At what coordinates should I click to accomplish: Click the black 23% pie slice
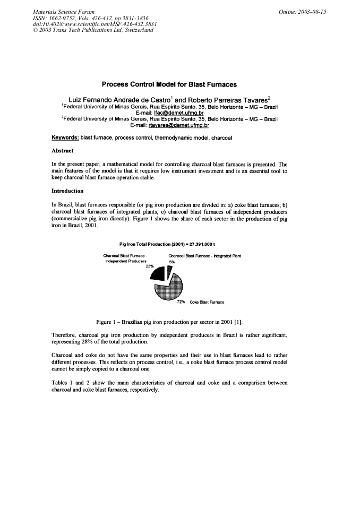[x=158, y=273]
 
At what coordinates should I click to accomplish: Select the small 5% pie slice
[x=169, y=271]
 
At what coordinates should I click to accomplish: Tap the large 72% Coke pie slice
[x=169, y=289]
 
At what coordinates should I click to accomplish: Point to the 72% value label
[x=181, y=302]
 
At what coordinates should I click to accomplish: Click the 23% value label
[x=149, y=266]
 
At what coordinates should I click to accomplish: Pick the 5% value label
[x=172, y=261]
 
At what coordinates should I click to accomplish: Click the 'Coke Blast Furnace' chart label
[x=207, y=303]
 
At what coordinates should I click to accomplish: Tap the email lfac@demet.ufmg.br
[x=160, y=113]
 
